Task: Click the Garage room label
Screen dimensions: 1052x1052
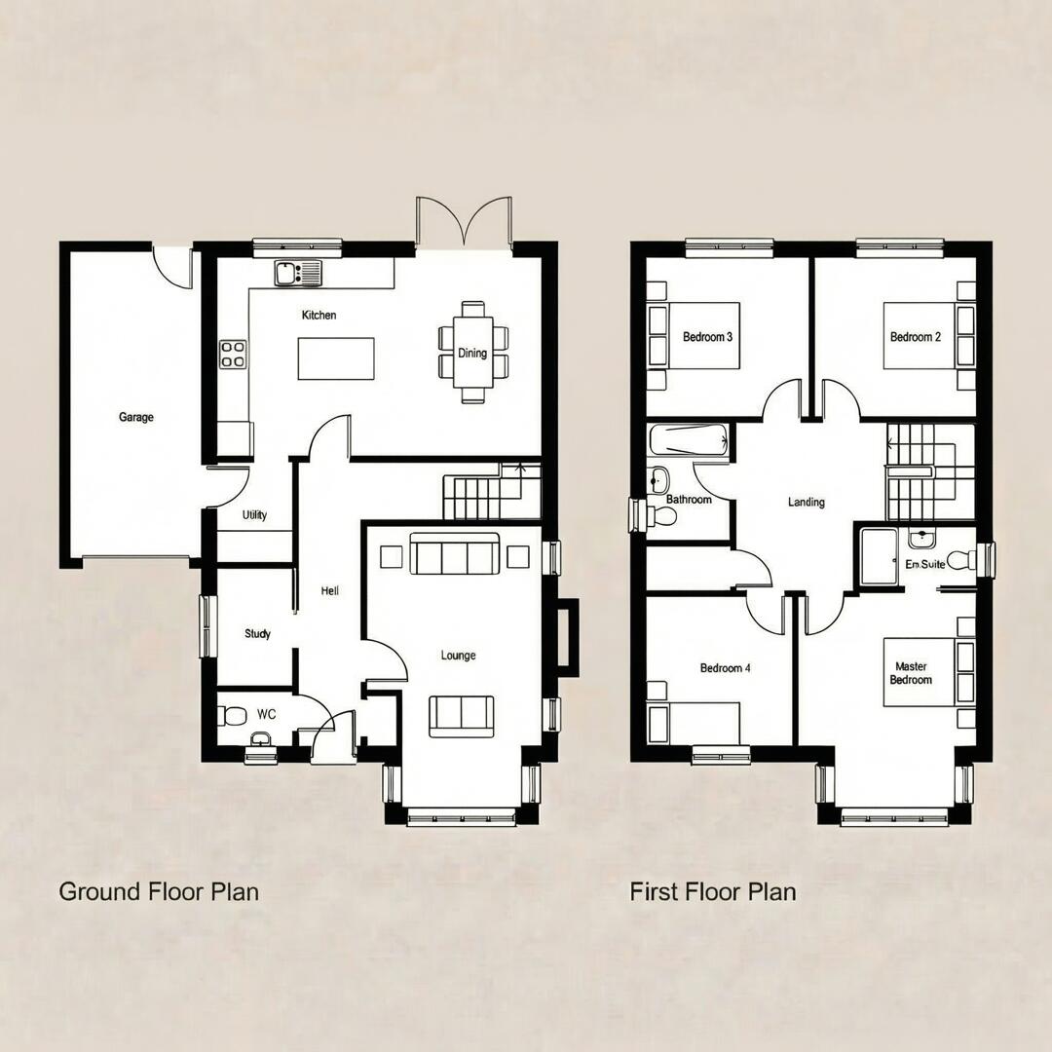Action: pyautogui.click(x=136, y=417)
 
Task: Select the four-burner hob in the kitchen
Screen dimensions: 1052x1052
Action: pyautogui.click(x=233, y=354)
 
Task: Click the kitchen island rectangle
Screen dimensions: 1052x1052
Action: pyautogui.click(x=336, y=358)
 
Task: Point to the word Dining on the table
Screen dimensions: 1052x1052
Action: pyautogui.click(x=472, y=353)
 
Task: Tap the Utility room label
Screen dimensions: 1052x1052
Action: pyautogui.click(x=254, y=515)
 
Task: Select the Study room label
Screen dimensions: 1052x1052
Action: pyautogui.click(x=257, y=634)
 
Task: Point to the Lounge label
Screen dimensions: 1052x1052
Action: pyautogui.click(x=458, y=656)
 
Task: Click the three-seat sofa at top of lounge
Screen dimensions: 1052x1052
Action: pyautogui.click(x=455, y=553)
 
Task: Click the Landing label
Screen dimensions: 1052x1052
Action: pyautogui.click(x=807, y=503)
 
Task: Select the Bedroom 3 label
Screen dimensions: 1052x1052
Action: pyautogui.click(x=707, y=337)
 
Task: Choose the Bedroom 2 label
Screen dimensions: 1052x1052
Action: pyautogui.click(x=916, y=337)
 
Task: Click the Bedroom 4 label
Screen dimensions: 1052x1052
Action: pyautogui.click(x=726, y=668)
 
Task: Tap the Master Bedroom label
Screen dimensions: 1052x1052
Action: pyautogui.click(x=911, y=673)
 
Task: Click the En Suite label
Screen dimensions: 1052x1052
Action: pyautogui.click(x=925, y=564)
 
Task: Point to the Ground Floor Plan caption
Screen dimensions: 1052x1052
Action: pyautogui.click(x=159, y=891)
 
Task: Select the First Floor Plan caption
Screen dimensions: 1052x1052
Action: pyautogui.click(x=713, y=891)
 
